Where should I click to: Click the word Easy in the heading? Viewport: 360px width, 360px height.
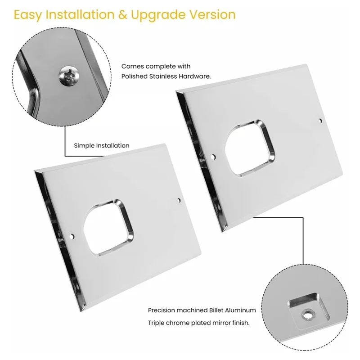click(x=27, y=15)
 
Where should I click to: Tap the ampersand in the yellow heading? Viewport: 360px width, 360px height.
click(x=122, y=15)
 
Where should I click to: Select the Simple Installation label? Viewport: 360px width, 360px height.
click(x=102, y=145)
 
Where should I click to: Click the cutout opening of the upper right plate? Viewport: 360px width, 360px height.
click(x=250, y=148)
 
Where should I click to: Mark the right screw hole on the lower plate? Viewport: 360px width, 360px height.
click(x=179, y=199)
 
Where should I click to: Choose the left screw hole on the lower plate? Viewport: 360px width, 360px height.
click(x=72, y=235)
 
